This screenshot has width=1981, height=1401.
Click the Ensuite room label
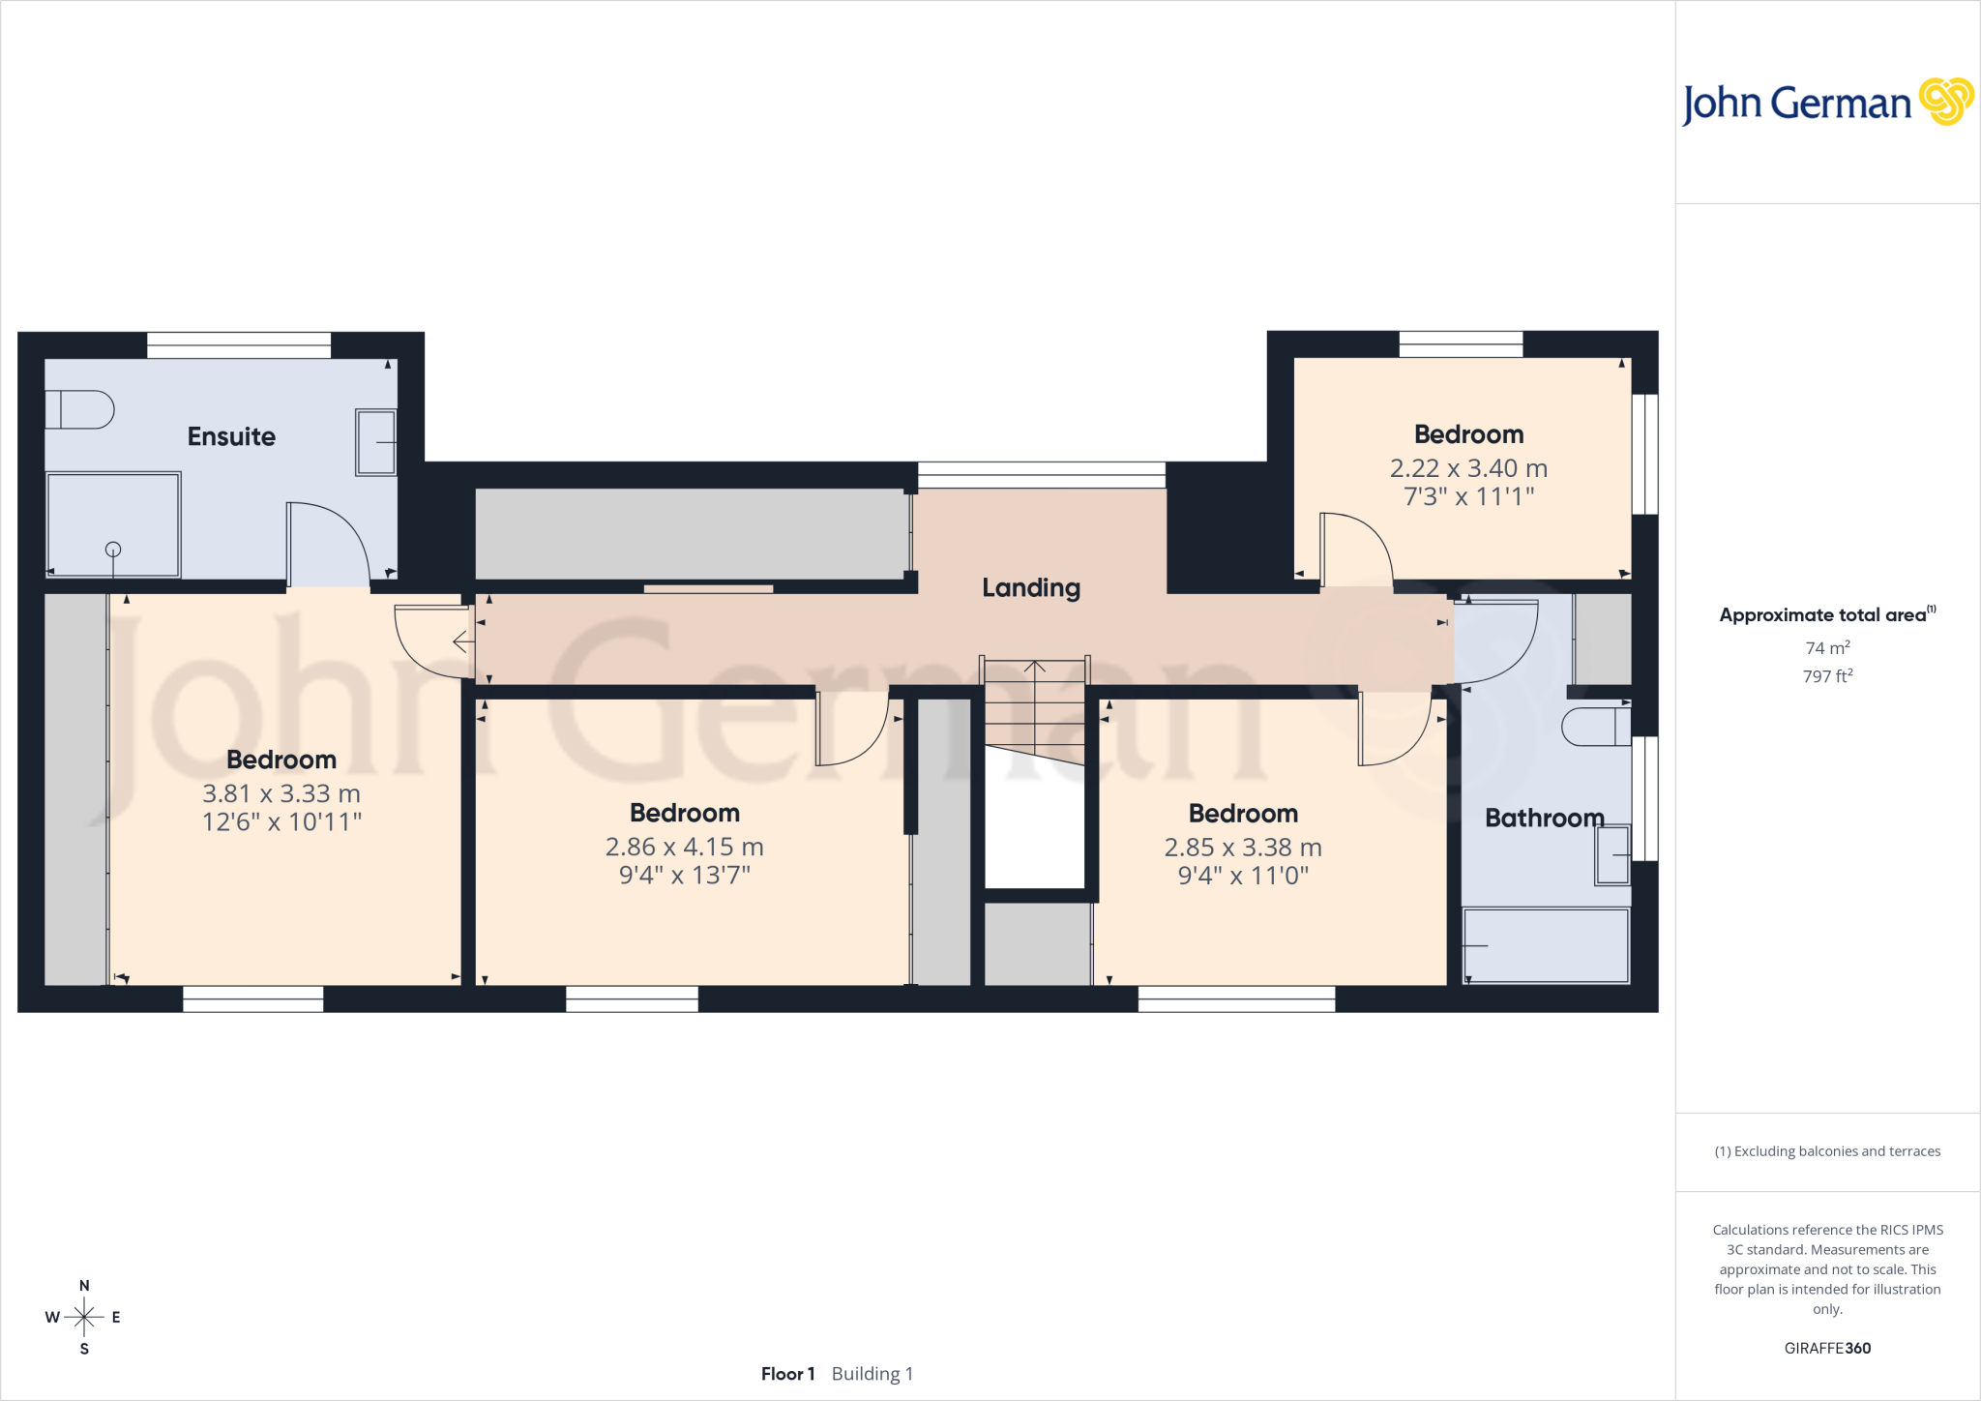click(x=231, y=436)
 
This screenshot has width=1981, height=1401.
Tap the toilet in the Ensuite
click(x=79, y=409)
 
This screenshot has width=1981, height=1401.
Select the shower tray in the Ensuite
click(x=113, y=524)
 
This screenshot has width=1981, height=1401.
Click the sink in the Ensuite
click(x=375, y=442)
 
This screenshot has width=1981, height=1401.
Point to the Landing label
click(x=1031, y=588)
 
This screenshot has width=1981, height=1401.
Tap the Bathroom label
click(x=1545, y=819)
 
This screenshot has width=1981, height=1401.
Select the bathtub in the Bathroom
click(x=1546, y=945)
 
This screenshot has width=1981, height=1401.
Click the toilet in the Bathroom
click(x=1596, y=727)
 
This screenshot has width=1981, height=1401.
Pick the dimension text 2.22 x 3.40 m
click(x=1468, y=468)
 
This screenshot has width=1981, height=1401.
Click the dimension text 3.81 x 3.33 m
click(x=281, y=793)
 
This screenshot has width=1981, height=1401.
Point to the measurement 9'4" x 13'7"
click(x=685, y=876)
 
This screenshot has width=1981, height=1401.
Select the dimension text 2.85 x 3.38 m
click(x=1243, y=848)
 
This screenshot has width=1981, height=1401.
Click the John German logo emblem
click(x=1946, y=102)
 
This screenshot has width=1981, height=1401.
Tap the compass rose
click(x=84, y=1317)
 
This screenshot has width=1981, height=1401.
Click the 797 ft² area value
click(x=1827, y=676)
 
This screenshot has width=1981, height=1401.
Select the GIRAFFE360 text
click(x=1827, y=1348)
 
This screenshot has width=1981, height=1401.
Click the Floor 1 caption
click(x=787, y=1374)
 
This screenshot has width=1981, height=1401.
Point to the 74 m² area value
click(x=1827, y=648)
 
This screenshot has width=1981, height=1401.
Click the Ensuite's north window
click(x=239, y=345)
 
